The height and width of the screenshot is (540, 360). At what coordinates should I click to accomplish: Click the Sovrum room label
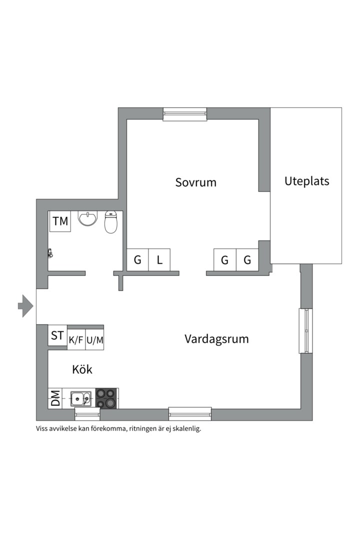tap(195, 182)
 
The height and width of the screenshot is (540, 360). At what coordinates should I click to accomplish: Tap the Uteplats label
tap(306, 180)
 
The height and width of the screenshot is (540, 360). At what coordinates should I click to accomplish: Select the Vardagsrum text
tap(216, 339)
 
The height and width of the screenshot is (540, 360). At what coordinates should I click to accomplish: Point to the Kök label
tap(82, 369)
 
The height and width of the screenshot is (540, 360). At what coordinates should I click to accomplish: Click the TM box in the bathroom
tap(60, 221)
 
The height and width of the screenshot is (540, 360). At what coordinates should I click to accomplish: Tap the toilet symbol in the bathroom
tap(111, 222)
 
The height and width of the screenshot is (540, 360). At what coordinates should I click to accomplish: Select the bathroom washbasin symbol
tap(88, 218)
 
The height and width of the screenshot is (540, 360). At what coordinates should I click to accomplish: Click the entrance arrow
tap(25, 305)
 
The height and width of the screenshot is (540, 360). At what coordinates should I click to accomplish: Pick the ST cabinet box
tap(57, 335)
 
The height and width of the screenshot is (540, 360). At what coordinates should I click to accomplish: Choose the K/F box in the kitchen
tap(76, 340)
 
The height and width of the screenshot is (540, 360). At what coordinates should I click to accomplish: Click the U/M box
tap(94, 340)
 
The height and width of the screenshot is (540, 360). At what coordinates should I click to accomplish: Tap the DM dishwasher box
tap(55, 398)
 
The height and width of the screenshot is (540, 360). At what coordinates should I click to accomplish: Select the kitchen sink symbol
tap(80, 398)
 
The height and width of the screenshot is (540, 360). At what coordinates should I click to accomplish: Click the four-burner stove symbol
tap(106, 398)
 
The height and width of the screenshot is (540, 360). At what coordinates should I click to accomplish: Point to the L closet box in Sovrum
tap(159, 260)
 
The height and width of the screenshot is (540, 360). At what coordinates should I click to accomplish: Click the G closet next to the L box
tap(137, 260)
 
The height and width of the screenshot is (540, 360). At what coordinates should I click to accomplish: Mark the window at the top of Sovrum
tap(185, 114)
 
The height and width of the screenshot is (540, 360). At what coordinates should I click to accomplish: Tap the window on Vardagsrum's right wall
tap(305, 331)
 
